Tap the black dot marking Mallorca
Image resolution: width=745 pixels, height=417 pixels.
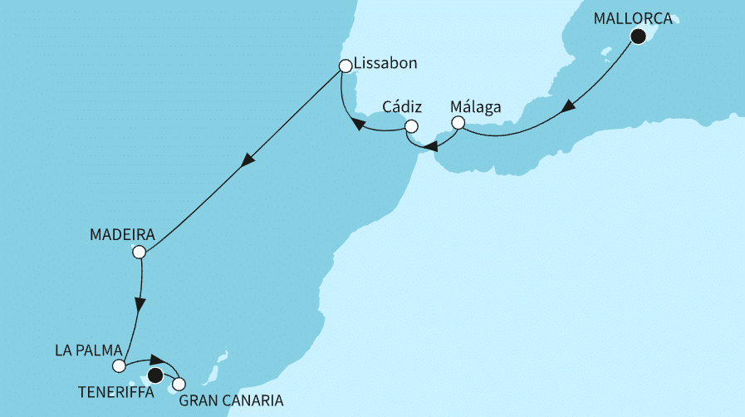638,36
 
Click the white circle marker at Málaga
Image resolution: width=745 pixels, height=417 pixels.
457,123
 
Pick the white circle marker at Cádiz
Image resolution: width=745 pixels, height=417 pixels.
410,126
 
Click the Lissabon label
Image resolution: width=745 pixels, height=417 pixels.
385,63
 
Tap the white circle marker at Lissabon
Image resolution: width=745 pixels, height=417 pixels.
345,65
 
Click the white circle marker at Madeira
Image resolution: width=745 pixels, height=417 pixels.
140,252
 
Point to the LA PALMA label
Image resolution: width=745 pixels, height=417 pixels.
88,349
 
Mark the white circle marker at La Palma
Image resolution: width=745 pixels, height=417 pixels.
120,365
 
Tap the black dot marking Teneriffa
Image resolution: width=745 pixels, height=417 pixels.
154,376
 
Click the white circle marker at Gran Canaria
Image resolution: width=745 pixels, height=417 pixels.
179,385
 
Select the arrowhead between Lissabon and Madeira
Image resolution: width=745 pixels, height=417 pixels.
246,162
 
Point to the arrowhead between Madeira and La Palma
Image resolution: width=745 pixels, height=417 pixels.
140,304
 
